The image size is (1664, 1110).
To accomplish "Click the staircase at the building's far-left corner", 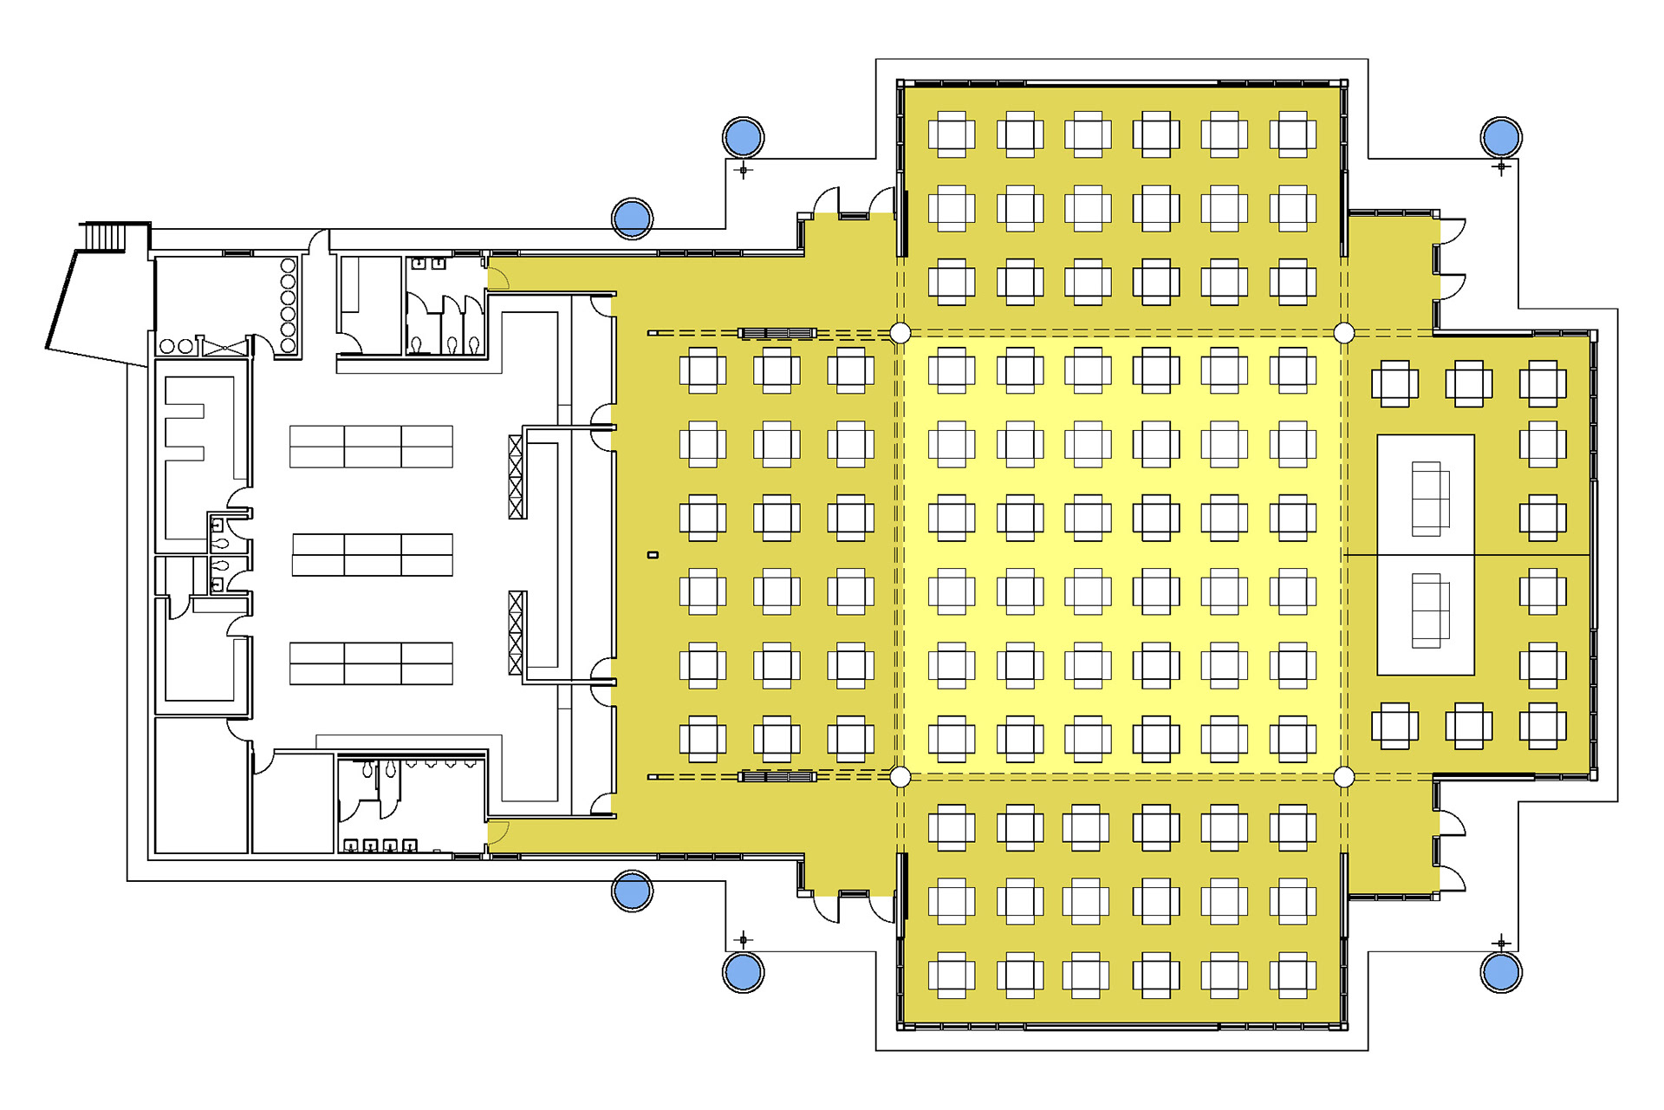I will (105, 237).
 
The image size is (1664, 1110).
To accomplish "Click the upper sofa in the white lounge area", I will (1430, 499).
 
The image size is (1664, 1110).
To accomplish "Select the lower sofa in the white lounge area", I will (1430, 610).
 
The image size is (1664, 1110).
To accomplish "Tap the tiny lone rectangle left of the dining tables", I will (653, 555).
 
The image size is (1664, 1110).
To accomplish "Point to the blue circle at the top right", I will (1501, 137).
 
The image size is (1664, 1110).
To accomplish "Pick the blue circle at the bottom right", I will (1501, 972).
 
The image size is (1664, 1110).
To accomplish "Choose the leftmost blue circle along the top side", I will (632, 219).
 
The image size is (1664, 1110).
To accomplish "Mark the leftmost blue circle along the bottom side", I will (632, 891).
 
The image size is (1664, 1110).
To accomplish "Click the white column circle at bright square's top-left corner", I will (900, 333).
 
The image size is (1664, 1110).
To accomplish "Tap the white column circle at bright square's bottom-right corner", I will (1344, 777).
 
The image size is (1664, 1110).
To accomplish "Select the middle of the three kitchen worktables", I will (373, 555).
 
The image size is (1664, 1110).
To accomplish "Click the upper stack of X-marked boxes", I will (517, 477).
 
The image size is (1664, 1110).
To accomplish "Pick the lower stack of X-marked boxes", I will (517, 633).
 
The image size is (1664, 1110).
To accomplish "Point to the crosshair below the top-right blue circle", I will (1502, 166).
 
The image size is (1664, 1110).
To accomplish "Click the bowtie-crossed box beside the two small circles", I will (224, 348).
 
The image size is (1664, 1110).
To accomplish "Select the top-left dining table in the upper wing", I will (952, 134).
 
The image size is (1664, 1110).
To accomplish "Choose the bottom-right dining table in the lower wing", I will (1292, 975).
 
